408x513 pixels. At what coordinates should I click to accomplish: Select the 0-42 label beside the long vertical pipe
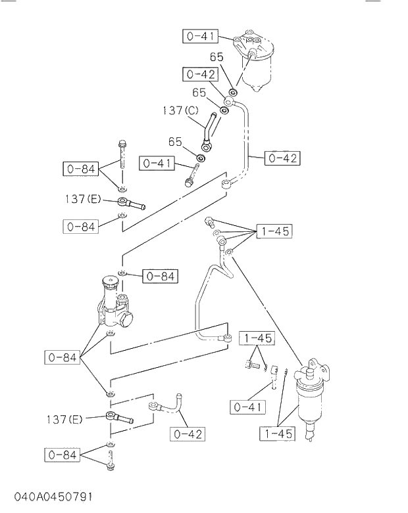pyautogui.click(x=282, y=158)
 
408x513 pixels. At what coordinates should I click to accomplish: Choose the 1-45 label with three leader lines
pyautogui.click(x=272, y=231)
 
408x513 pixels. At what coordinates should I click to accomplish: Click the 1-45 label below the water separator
pyautogui.click(x=276, y=434)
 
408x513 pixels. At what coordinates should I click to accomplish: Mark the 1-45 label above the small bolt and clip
pyautogui.click(x=256, y=338)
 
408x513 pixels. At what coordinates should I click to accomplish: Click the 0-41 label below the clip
pyautogui.click(x=247, y=407)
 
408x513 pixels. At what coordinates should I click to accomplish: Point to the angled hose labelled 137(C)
pyautogui.click(x=209, y=128)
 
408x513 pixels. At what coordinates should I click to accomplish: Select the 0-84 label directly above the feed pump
pyautogui.click(x=159, y=277)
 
